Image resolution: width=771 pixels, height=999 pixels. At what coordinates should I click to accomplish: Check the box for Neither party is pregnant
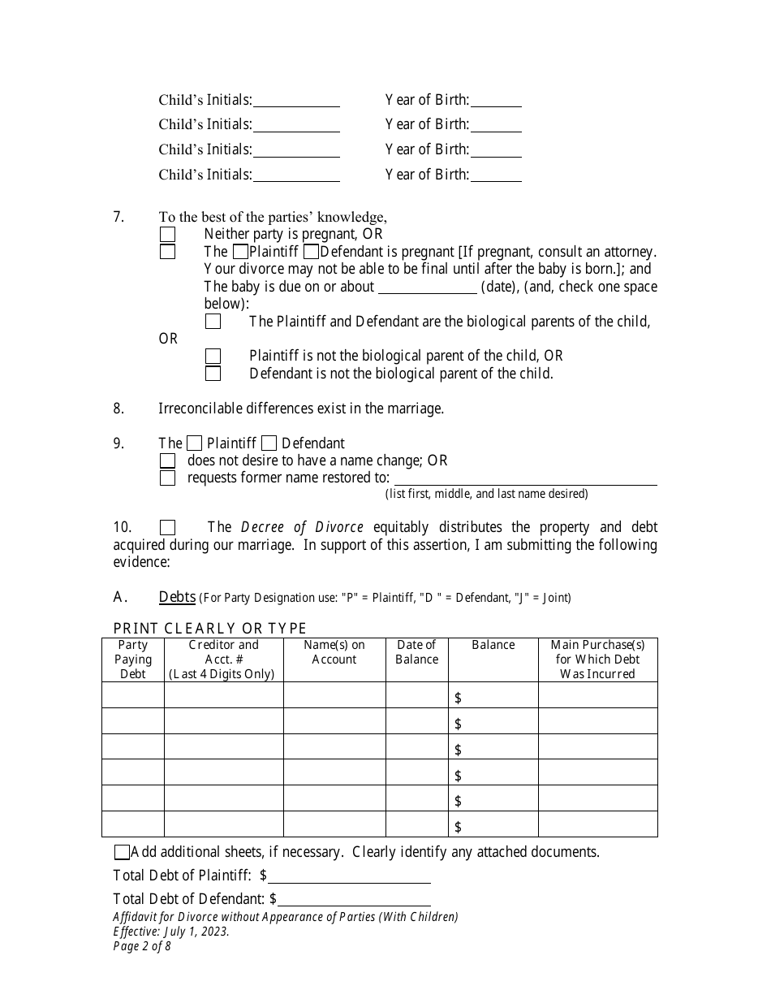[167, 234]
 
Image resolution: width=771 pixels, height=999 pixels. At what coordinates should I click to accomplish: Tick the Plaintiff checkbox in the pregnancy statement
[240, 252]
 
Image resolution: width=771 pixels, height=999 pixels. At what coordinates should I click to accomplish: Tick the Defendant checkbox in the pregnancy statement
[310, 252]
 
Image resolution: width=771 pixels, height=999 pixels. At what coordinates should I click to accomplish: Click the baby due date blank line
[428, 287]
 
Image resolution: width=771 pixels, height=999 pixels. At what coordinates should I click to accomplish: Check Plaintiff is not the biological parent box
[213, 356]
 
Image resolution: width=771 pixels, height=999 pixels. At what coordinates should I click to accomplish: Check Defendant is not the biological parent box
[213, 374]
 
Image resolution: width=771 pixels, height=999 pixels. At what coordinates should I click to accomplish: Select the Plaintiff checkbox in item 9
[195, 443]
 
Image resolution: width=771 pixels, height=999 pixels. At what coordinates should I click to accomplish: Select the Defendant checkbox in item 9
[269, 443]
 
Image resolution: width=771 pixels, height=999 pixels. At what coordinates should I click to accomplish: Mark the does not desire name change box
[167, 461]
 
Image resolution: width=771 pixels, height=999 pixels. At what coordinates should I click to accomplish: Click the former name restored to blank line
[524, 478]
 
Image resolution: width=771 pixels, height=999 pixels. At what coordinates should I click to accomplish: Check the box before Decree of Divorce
[167, 527]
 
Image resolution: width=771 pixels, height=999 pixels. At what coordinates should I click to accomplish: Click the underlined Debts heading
[177, 597]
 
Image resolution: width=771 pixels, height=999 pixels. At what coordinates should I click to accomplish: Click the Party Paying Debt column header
[133, 659]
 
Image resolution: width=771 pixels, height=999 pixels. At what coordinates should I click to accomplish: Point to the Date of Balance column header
[416, 652]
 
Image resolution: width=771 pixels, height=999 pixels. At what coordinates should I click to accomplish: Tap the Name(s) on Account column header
[334, 652]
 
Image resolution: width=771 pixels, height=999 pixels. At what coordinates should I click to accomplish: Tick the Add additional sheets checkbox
[122, 852]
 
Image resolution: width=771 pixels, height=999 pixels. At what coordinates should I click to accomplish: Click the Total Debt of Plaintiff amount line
[349, 876]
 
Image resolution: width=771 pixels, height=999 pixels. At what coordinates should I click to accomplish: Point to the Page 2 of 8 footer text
[142, 946]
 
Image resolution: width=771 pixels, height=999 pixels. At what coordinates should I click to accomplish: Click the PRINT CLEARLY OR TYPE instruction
[210, 628]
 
